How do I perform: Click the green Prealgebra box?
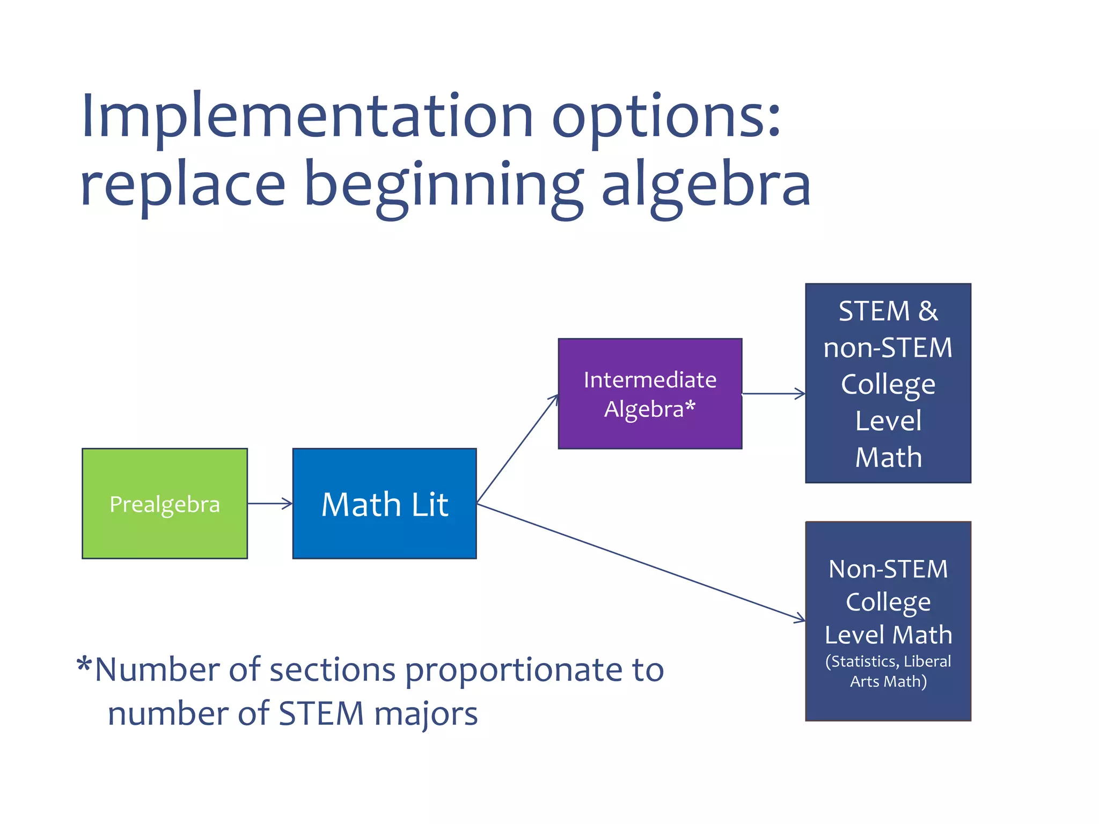click(164, 503)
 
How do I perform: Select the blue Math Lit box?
click(384, 503)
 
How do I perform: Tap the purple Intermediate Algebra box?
click(650, 393)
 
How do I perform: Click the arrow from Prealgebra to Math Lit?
click(270, 503)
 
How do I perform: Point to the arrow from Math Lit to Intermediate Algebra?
click(517, 450)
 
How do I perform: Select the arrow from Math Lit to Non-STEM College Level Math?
click(641, 562)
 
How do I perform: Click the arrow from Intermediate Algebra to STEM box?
click(773, 394)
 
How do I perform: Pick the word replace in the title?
click(182, 185)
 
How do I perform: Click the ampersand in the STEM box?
click(928, 311)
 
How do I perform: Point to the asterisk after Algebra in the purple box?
click(690, 406)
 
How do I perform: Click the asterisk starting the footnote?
click(84, 665)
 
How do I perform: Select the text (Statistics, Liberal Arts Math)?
click(888, 671)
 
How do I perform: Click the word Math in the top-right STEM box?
click(888, 457)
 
